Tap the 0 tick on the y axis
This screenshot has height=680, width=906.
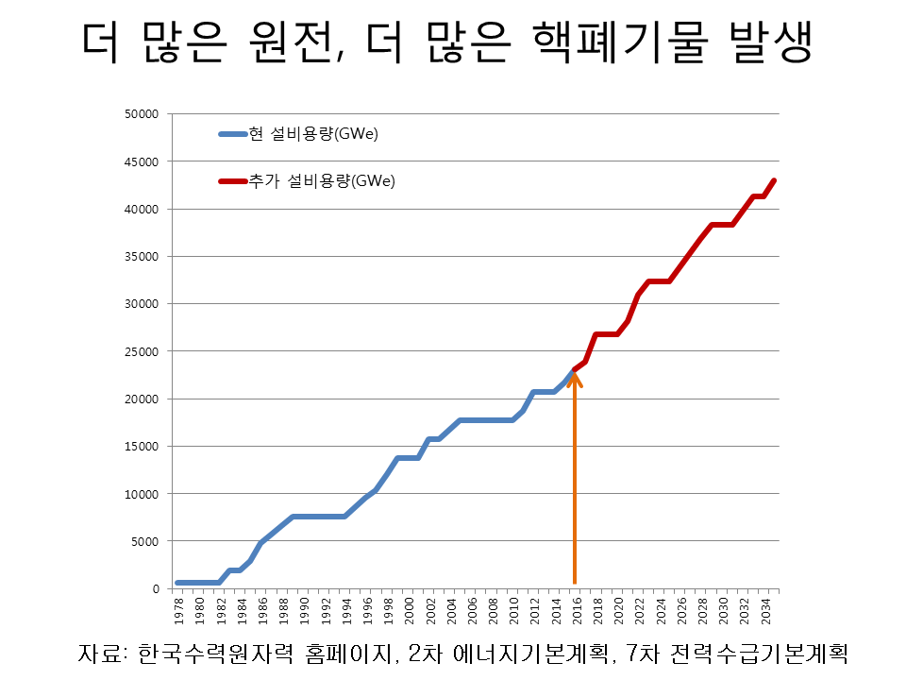(x=157, y=588)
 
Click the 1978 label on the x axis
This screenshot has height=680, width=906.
(x=177, y=607)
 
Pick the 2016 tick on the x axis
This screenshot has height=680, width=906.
(x=575, y=607)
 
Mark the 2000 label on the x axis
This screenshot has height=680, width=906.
(x=408, y=607)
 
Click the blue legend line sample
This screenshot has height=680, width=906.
(x=232, y=134)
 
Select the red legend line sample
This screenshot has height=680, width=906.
(x=232, y=181)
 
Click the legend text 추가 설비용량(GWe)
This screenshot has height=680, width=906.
(x=322, y=181)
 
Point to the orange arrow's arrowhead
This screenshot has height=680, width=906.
(x=574, y=376)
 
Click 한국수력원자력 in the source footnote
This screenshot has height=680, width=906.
(x=214, y=654)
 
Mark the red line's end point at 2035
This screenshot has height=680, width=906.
(x=774, y=180)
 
